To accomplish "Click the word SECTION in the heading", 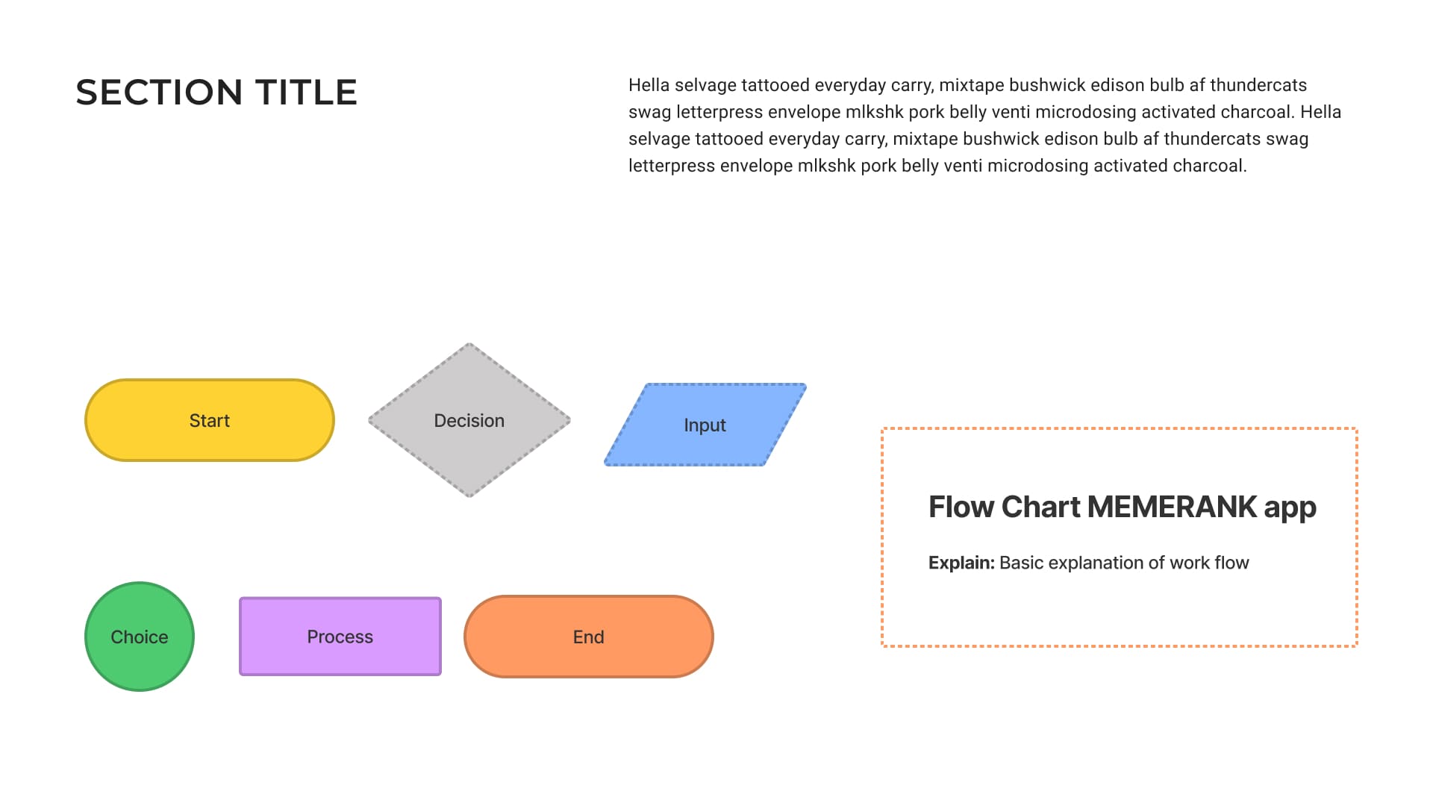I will [158, 93].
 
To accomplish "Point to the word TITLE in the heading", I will [306, 93].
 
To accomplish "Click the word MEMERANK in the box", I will [1172, 507].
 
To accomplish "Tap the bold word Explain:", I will [961, 563].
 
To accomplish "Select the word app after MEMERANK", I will [1290, 508].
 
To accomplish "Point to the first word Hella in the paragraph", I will [649, 85].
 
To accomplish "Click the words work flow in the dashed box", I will [1209, 563].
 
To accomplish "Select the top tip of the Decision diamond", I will [469, 346].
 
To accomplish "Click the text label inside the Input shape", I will [705, 425].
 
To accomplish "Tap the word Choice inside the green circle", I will [140, 637].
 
